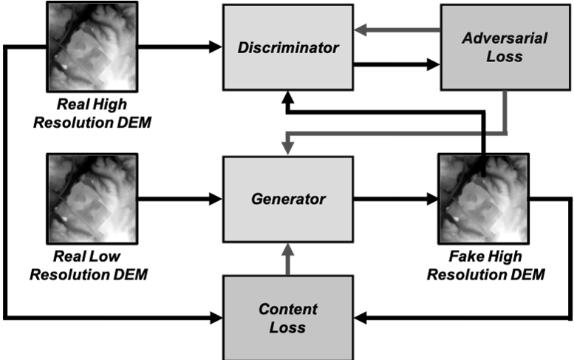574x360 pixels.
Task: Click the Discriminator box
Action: tap(288, 47)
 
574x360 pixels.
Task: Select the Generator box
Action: tap(288, 199)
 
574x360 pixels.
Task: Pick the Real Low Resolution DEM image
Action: tap(92, 199)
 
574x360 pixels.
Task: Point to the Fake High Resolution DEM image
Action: tap(484, 199)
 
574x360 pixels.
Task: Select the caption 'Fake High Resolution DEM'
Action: tap(485, 266)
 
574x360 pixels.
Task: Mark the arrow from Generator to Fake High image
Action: tap(395, 199)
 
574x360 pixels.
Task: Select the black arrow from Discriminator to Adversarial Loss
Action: tap(395, 64)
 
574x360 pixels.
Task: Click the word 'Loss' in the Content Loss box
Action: tap(288, 327)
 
